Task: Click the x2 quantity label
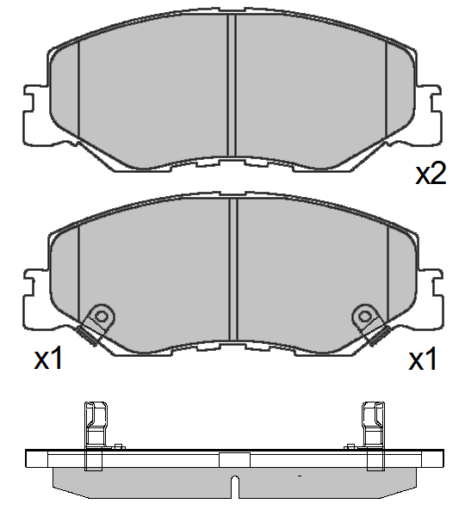point(430,175)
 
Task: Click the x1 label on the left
point(49,359)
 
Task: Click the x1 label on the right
point(422,359)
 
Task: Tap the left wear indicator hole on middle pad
point(102,316)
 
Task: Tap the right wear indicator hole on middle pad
point(365,316)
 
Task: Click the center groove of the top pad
point(232,86)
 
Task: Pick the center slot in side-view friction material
point(233,483)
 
